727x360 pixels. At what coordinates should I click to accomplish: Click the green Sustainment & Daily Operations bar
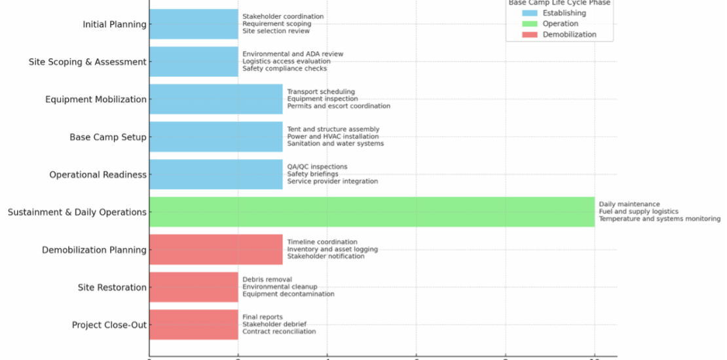click(x=371, y=212)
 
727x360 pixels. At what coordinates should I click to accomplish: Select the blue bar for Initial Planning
click(x=193, y=24)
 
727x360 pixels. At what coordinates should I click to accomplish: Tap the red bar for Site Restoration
click(x=193, y=287)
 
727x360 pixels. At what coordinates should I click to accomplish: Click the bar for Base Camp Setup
click(x=215, y=137)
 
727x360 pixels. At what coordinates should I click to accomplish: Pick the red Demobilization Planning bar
click(x=215, y=249)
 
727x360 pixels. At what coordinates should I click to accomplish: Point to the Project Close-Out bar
click(x=193, y=325)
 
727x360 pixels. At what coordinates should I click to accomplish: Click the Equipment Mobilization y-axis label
click(x=96, y=99)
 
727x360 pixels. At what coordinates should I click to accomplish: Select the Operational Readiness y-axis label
click(x=98, y=175)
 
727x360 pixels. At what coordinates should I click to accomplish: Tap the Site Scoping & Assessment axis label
click(x=87, y=62)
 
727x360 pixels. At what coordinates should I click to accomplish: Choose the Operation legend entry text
click(x=560, y=24)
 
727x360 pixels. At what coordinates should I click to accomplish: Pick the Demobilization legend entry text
click(x=569, y=35)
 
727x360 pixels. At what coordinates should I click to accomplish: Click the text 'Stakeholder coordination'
click(x=282, y=16)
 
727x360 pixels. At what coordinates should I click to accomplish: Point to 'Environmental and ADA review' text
click(x=292, y=54)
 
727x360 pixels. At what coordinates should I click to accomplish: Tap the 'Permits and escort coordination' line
click(x=338, y=106)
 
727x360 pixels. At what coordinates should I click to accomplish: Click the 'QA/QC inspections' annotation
click(x=317, y=167)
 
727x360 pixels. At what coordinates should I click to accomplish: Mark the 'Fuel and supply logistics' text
click(x=638, y=211)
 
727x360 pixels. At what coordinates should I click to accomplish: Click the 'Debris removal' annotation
click(x=267, y=279)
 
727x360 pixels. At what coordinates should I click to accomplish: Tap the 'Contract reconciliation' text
click(x=278, y=332)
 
